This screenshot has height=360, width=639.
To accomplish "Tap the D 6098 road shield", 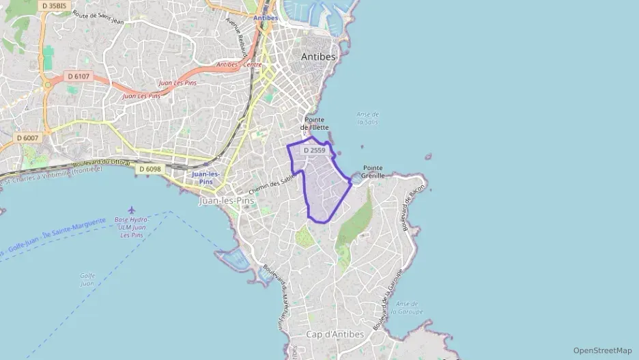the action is [150, 169].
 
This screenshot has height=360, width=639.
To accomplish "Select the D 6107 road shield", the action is [78, 76].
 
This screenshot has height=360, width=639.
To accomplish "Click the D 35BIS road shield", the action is [54, 5].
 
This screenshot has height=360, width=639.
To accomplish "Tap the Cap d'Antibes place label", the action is [335, 334].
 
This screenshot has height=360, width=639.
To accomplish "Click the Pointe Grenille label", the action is [373, 171].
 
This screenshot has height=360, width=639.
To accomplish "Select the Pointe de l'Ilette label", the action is [315, 123].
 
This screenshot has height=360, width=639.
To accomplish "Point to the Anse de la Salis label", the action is [368, 118].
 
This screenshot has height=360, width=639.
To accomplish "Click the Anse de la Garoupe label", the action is [408, 307].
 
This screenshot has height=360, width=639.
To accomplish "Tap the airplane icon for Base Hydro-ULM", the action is [131, 210].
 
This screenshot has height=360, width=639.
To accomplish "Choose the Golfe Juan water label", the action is [87, 279].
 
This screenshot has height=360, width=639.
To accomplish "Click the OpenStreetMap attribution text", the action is [602, 350].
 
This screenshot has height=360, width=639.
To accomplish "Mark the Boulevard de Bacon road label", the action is [414, 208].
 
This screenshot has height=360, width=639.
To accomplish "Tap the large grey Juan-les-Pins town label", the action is [226, 201].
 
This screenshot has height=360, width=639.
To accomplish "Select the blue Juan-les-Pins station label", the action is [206, 178].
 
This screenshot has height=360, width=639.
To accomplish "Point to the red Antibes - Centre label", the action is [239, 65].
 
